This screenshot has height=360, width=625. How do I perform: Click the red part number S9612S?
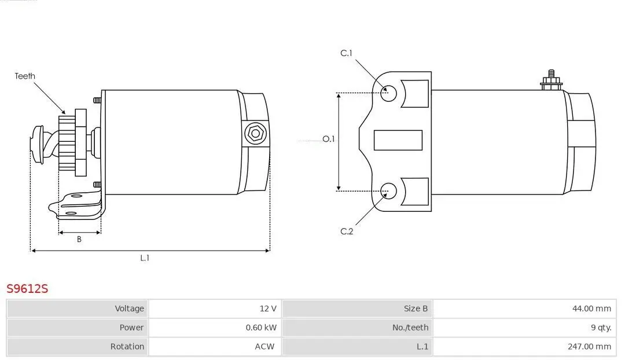(27, 288)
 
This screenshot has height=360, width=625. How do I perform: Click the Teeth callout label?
(25, 76)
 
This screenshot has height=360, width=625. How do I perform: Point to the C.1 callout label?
(346, 53)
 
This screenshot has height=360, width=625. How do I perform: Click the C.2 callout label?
(346, 232)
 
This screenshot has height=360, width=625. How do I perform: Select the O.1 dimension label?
(329, 139)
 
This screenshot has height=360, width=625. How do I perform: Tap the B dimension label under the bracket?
(79, 240)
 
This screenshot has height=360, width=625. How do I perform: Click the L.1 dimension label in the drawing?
(145, 258)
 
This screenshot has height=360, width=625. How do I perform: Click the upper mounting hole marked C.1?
(389, 93)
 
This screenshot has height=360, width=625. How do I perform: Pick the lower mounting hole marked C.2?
(389, 190)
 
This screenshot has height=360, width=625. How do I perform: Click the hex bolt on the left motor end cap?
(255, 134)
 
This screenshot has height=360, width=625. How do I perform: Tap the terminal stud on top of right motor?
(552, 80)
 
